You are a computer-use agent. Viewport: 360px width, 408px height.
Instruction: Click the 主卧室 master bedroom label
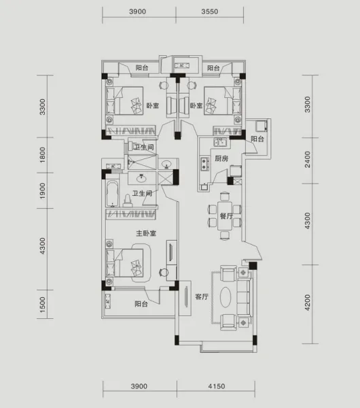click(x=146, y=233)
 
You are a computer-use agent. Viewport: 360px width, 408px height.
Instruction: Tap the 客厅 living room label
click(x=202, y=296)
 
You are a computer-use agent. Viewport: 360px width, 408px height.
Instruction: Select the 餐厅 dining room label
click(x=226, y=216)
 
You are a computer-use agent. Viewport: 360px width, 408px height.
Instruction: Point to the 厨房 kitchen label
click(x=221, y=158)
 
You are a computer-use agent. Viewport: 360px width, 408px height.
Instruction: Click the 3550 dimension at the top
click(x=209, y=12)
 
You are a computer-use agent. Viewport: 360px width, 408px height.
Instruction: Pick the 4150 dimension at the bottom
click(x=217, y=386)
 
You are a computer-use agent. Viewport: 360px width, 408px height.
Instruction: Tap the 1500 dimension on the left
click(x=42, y=305)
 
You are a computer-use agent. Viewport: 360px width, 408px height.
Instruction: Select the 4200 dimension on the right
click(x=307, y=303)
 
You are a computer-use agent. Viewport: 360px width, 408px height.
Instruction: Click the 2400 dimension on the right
click(x=307, y=160)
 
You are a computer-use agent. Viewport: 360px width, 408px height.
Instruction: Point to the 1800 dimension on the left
click(x=42, y=155)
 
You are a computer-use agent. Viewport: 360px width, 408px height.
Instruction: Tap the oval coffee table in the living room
click(x=226, y=297)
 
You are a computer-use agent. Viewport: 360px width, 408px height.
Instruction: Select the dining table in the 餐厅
click(x=225, y=216)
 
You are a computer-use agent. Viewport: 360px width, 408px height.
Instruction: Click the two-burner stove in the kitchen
click(x=204, y=164)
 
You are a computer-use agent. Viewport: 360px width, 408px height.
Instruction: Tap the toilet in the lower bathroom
click(x=128, y=201)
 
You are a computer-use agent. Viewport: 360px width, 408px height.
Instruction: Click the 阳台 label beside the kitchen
click(x=257, y=139)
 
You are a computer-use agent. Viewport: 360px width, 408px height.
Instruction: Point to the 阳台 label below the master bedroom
click(x=141, y=304)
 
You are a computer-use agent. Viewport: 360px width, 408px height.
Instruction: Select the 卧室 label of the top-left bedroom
click(x=153, y=105)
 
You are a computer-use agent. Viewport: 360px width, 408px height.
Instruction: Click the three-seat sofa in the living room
click(x=245, y=297)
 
